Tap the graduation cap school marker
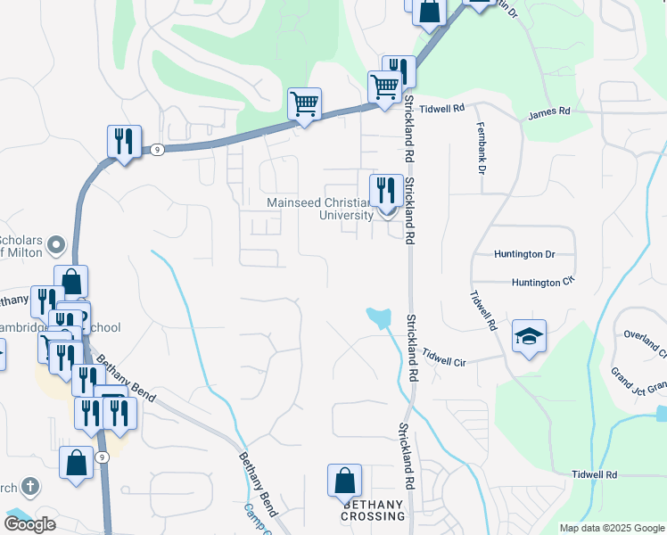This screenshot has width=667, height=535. [529, 337]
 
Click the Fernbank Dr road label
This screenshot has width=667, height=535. [481, 147]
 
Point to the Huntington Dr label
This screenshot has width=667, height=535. [524, 254]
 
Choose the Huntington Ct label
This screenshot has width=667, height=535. [539, 283]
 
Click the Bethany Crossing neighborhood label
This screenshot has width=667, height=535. [373, 510]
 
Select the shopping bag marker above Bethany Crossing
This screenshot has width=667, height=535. [344, 481]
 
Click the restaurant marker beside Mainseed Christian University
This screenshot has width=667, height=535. [385, 190]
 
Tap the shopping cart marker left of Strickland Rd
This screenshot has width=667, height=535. [384, 88]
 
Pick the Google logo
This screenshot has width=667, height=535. [29, 524]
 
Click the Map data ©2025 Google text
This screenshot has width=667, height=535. [612, 528]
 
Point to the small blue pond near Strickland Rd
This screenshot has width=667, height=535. [379, 316]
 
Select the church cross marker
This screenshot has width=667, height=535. [29, 487]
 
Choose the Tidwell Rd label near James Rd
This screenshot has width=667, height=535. [445, 108]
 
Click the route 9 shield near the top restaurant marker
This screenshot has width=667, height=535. [156, 149]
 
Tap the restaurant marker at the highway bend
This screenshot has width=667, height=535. [124, 143]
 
